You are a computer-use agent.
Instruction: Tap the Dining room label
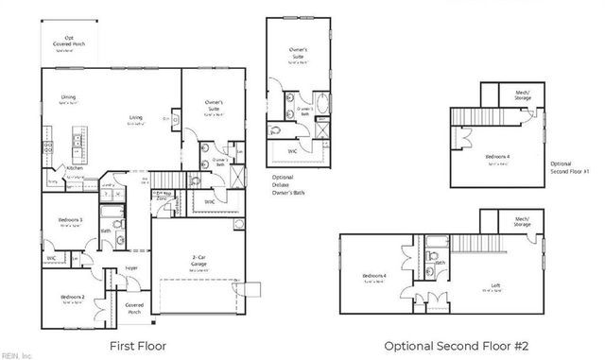click(69, 96)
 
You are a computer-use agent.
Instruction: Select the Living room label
click(136, 118)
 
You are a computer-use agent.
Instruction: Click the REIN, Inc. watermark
click(16, 355)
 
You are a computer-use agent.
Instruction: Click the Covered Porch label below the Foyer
click(134, 308)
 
